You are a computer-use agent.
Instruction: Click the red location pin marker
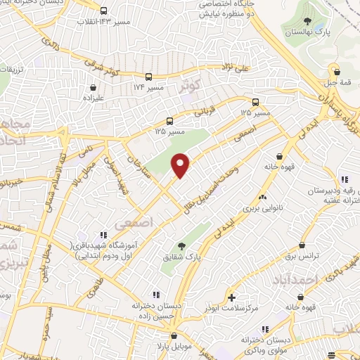pyautogui.click(x=181, y=165)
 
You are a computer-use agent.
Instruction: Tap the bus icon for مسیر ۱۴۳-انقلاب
pyautogui.click(x=104, y=11)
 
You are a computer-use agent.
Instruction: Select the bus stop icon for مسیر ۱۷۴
pyautogui.click(x=148, y=77)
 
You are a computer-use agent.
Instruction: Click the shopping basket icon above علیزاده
pyautogui.click(x=94, y=88)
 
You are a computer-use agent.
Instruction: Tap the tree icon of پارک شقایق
pyautogui.click(x=182, y=245)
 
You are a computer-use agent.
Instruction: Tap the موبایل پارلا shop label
pyautogui.click(x=168, y=347)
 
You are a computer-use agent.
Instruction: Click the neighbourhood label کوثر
pyautogui.click(x=191, y=86)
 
